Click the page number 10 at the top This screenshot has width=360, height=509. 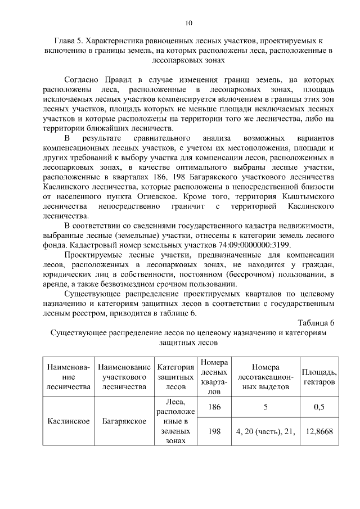point(188,23)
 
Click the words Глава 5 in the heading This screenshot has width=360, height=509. point(71,42)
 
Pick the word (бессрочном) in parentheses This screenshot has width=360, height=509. point(254,274)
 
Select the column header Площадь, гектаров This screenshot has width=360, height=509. point(319,377)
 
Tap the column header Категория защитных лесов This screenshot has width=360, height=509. point(175,377)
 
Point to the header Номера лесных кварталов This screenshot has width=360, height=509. point(214,377)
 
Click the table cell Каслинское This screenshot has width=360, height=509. point(69,421)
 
